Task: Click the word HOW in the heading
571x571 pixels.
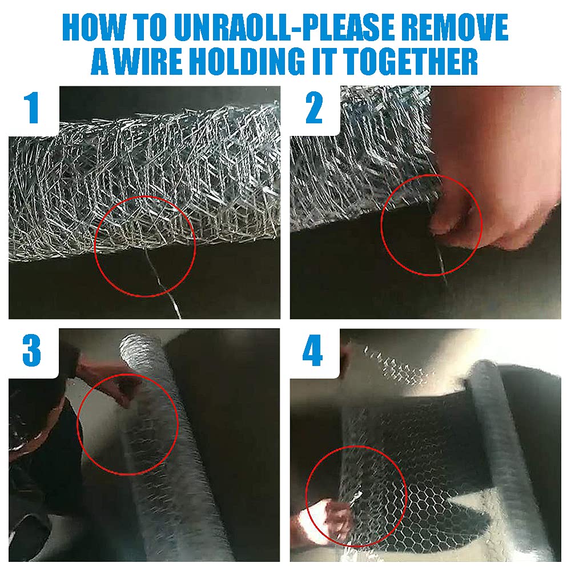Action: tap(95, 27)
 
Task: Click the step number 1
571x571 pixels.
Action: tap(32, 107)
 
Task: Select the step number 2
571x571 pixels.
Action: tap(314, 108)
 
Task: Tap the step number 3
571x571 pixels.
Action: tap(31, 351)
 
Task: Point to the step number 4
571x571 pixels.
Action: tap(313, 351)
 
